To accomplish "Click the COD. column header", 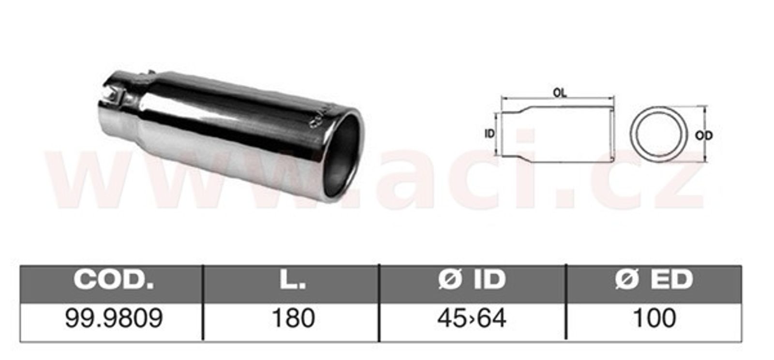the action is click(114, 280).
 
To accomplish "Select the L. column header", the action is click(293, 280).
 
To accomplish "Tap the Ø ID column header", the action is click(472, 280).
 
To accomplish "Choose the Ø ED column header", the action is click(654, 280).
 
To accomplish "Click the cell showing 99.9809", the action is click(114, 318).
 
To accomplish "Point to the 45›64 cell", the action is click(472, 318).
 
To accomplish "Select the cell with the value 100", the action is click(654, 318).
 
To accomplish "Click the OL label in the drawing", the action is click(560, 92).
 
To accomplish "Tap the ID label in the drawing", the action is click(490, 134).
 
